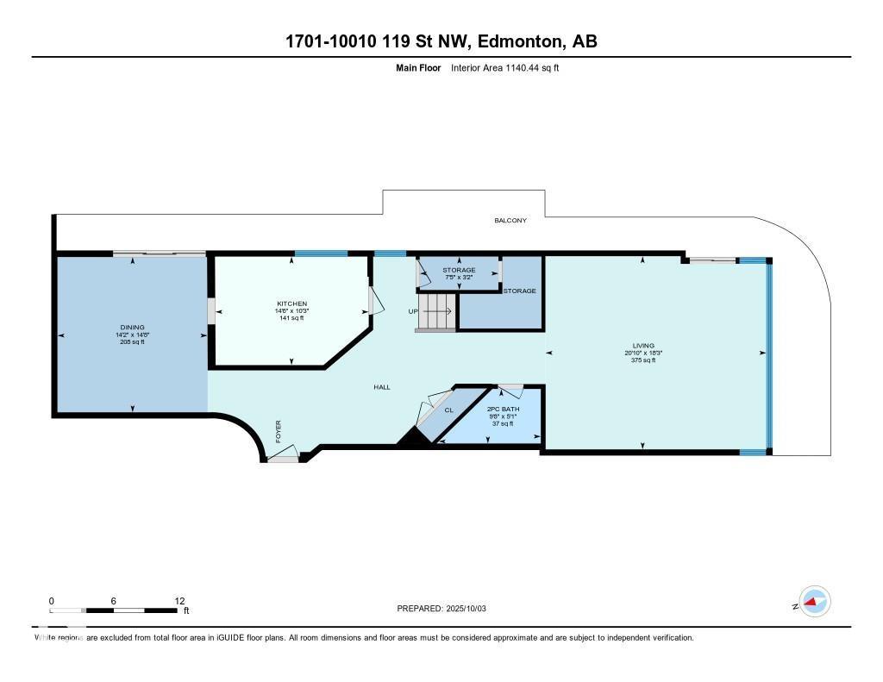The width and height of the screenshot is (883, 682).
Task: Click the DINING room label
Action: [132, 328]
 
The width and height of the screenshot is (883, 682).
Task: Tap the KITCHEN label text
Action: [291, 303]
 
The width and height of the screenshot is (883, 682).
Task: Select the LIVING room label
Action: [642, 345]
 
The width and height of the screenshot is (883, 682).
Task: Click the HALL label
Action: [382, 387]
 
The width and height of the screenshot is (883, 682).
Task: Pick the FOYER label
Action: [279, 431]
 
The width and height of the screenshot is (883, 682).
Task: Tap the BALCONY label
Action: [510, 221]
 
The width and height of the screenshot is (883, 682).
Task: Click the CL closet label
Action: [448, 410]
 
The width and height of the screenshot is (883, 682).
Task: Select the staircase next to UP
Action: [435, 311]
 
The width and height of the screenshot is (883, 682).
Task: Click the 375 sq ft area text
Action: [642, 360]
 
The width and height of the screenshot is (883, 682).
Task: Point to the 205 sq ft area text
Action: [132, 342]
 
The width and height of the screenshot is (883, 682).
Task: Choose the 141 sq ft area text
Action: [291, 318]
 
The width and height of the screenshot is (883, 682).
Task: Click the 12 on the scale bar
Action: [179, 601]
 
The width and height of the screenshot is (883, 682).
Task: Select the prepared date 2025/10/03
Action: [467, 609]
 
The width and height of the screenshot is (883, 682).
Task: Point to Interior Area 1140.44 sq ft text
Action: [505, 67]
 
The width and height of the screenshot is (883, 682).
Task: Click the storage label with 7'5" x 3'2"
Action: [460, 271]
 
